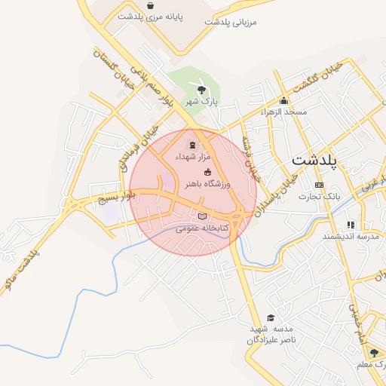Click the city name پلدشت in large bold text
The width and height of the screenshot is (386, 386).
coord(314,160)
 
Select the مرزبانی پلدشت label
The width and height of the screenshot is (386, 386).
coord(231,22)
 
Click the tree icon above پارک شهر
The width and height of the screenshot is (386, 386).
coord(201,90)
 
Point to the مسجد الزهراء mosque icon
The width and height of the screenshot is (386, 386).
coord(283,101)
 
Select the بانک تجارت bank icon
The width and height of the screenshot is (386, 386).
coord(319,185)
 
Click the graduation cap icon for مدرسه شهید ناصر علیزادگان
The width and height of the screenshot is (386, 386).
coord(271,317)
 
